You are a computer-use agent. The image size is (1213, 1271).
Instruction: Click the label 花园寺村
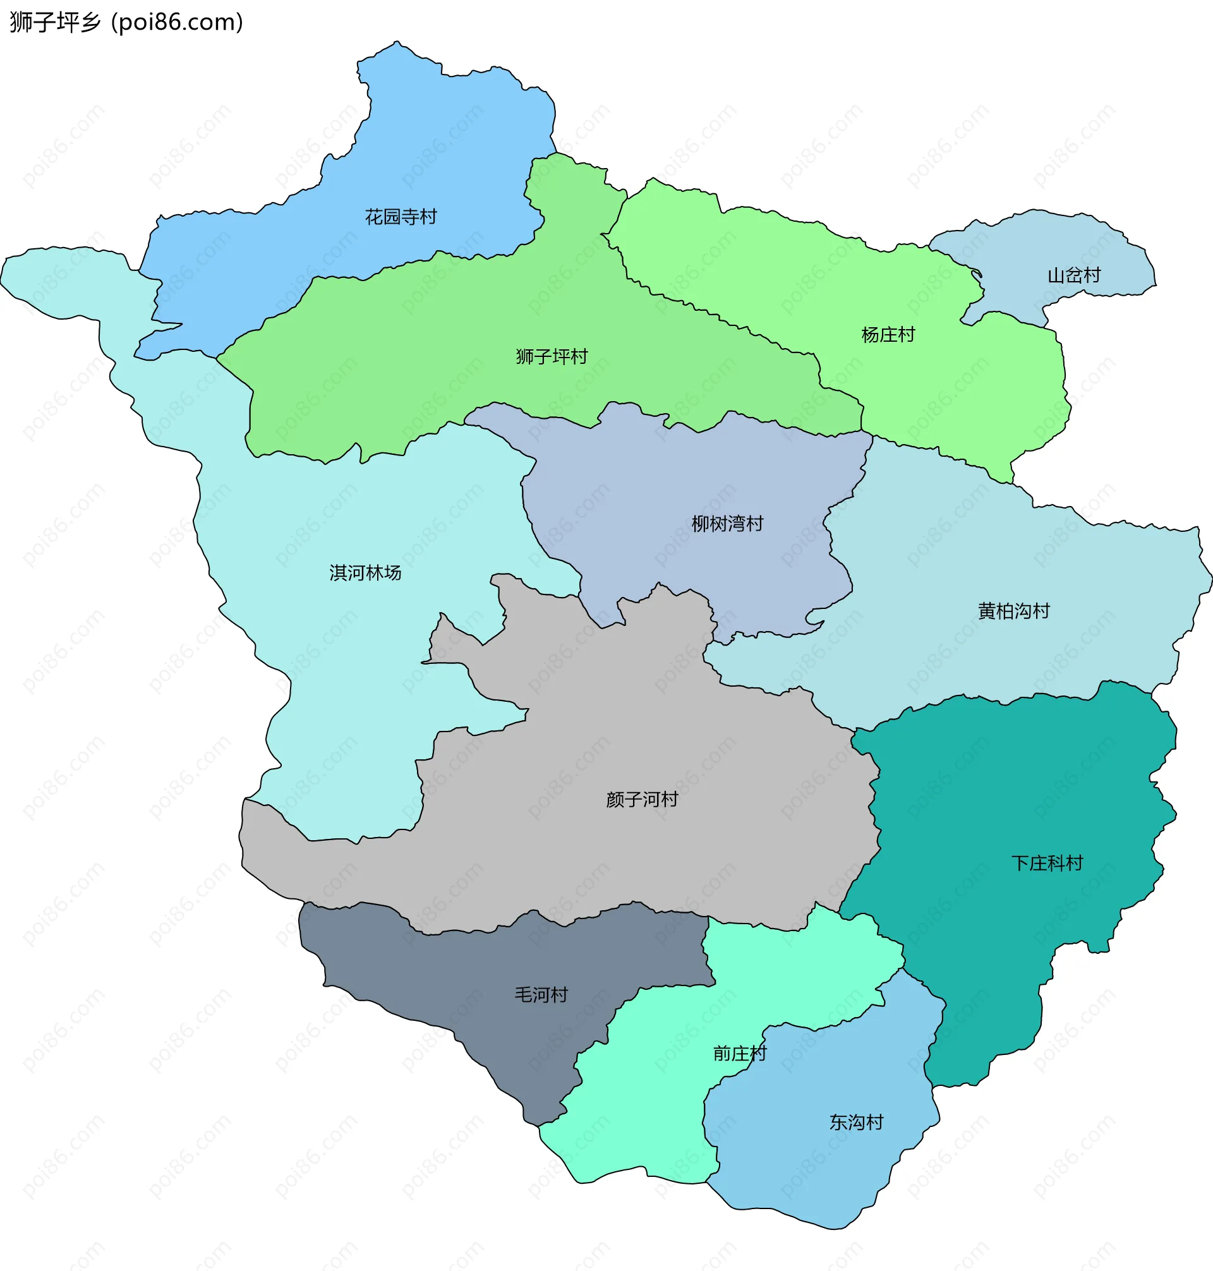click(401, 217)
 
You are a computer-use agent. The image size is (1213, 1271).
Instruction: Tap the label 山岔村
click(1074, 275)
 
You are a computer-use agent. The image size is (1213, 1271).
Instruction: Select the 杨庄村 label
click(888, 335)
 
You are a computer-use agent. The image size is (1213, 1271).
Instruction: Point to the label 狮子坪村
click(552, 356)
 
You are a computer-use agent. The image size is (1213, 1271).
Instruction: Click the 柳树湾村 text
click(727, 524)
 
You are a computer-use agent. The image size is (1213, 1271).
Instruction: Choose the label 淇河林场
click(365, 573)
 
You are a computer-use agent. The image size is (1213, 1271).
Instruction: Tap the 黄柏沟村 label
click(1014, 611)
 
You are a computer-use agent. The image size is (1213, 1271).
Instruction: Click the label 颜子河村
click(642, 800)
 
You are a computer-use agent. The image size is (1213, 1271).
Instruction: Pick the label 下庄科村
click(1047, 863)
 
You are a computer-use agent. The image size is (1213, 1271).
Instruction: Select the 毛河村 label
click(541, 994)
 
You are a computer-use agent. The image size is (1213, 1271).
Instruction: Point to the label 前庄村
click(740, 1054)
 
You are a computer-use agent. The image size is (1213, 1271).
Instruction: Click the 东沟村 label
click(856, 1123)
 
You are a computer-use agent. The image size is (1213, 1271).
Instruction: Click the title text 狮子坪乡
click(56, 22)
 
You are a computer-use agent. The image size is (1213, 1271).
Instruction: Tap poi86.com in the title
click(177, 22)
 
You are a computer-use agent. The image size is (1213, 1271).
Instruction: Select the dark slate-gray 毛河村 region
click(452, 970)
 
